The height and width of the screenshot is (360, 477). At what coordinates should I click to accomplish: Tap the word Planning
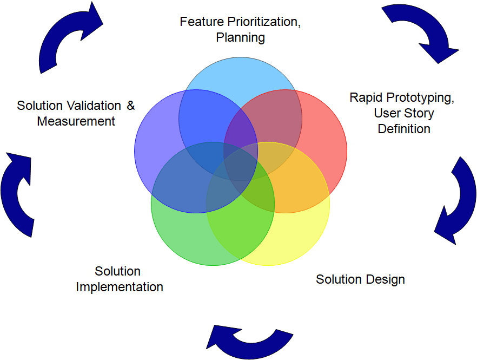pyautogui.click(x=240, y=37)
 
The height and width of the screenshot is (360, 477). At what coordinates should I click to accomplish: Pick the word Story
pyautogui.click(x=419, y=113)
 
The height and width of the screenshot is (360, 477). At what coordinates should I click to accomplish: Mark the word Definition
pyautogui.click(x=403, y=129)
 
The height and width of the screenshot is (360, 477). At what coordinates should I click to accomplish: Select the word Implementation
pyautogui.click(x=119, y=287)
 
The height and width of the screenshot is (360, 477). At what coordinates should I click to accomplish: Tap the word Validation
pyautogui.click(x=90, y=106)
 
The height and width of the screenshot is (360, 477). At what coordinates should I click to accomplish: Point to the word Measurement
pyautogui.click(x=76, y=121)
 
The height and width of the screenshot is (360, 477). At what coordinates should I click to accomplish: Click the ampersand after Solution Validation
pyautogui.click(x=130, y=106)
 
